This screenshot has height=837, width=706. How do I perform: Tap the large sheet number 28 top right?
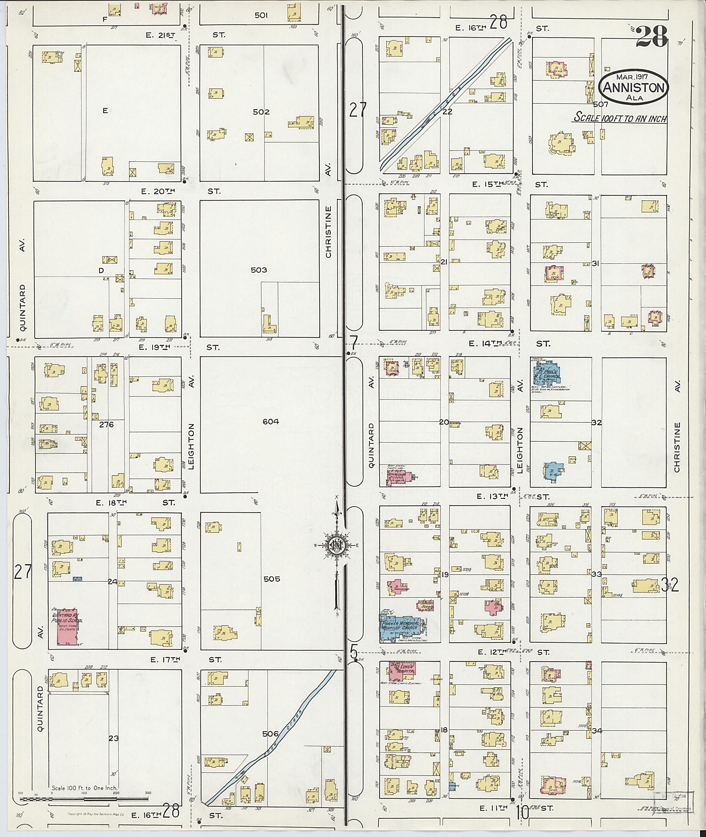click(x=652, y=37)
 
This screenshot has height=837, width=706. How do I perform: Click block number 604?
click(x=271, y=421)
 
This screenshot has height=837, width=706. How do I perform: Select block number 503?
click(x=259, y=270)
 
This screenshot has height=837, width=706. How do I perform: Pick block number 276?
click(x=107, y=425)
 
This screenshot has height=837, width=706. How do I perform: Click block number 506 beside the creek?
click(x=270, y=734)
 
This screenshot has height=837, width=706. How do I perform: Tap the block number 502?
click(x=261, y=112)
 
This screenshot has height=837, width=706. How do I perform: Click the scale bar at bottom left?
click(x=84, y=799)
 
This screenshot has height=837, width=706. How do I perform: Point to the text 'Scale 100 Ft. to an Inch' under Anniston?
click(x=619, y=118)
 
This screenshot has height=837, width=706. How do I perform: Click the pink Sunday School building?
click(x=425, y=605)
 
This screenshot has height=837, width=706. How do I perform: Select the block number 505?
click(x=272, y=579)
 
